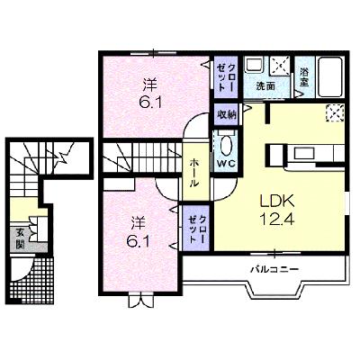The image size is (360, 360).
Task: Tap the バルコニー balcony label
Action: (x=274, y=269)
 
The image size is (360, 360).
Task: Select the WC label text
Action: (x=226, y=164)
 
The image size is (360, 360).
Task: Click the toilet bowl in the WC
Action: (x=226, y=145)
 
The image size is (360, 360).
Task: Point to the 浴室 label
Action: (x=304, y=77)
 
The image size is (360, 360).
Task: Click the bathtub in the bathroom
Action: (x=329, y=76)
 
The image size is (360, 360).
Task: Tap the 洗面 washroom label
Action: (x=265, y=86)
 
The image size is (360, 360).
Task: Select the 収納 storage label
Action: (x=227, y=114)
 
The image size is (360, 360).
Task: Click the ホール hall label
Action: (x=194, y=173)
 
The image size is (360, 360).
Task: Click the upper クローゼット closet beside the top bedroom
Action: (x=226, y=76)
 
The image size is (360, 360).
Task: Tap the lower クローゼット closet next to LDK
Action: (x=196, y=229)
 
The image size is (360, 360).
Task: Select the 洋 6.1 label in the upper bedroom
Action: (x=149, y=93)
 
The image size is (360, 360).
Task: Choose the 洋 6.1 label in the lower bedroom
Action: (x=138, y=231)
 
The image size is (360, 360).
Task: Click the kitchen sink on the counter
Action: (x=304, y=153)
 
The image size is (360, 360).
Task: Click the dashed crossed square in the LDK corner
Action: (x=335, y=112)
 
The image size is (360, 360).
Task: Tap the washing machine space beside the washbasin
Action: (x=280, y=65)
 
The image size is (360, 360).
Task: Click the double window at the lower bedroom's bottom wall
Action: (x=140, y=301)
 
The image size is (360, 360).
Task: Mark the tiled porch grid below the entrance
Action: (x=33, y=279)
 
